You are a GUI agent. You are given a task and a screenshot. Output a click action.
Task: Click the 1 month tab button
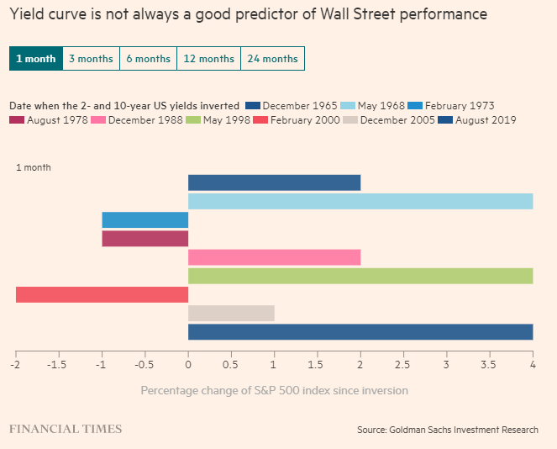click(x=35, y=59)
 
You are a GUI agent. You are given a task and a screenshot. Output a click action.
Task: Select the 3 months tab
click(x=92, y=59)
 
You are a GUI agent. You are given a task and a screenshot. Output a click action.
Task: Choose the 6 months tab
click(x=148, y=59)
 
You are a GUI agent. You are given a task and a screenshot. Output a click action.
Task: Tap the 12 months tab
click(x=208, y=59)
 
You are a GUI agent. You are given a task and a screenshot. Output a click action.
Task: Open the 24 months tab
click(x=272, y=59)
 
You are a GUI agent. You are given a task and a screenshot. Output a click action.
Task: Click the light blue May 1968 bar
click(x=360, y=201)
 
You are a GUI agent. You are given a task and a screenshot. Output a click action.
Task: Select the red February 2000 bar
click(x=102, y=294)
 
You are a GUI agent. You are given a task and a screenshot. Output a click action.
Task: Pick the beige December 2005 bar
click(x=231, y=313)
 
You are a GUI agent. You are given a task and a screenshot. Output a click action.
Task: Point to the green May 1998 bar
click(x=360, y=276)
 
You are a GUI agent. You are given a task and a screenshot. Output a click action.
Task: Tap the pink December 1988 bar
click(x=274, y=257)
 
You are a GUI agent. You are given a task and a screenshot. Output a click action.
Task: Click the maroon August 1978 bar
click(x=145, y=238)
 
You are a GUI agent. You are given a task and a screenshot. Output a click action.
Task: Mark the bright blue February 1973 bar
click(x=145, y=219)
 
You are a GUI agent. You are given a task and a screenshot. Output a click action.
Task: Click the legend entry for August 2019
click(x=479, y=120)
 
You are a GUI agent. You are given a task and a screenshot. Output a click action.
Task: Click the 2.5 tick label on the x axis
click(x=403, y=365)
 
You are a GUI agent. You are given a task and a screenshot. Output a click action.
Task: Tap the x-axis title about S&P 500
click(x=274, y=390)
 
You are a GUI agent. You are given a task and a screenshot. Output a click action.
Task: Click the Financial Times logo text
click(x=66, y=429)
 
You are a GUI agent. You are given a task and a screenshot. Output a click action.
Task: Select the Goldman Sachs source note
click(x=447, y=430)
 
